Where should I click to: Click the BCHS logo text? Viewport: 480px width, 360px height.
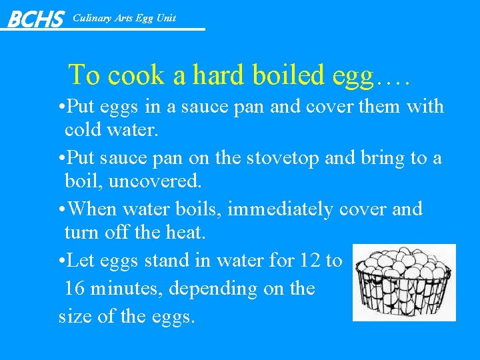pyautogui.click(x=35, y=19)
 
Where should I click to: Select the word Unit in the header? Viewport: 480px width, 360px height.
pyautogui.click(x=165, y=18)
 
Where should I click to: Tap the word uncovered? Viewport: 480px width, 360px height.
pyautogui.click(x=151, y=181)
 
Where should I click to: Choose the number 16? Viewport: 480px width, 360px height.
pyautogui.click(x=77, y=289)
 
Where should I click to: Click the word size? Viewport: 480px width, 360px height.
pyautogui.click(x=75, y=316)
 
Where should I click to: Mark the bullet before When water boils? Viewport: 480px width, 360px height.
pyautogui.click(x=62, y=209)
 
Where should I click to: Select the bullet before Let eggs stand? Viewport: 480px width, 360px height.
pyautogui.click(x=62, y=261)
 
